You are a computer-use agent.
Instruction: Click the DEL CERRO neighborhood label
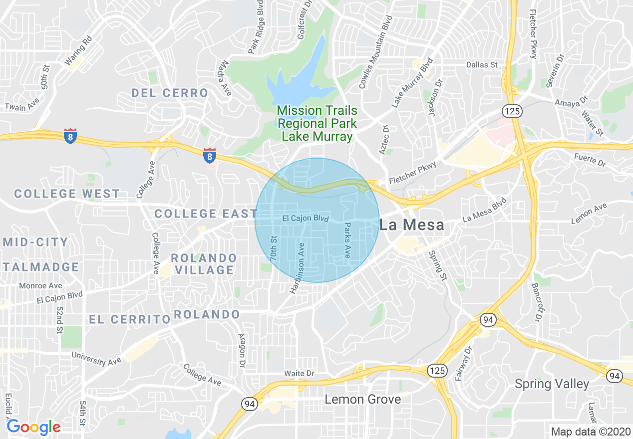170,93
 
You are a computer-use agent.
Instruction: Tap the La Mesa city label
412,225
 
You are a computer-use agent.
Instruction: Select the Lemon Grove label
363,399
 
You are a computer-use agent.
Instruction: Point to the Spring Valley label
552,384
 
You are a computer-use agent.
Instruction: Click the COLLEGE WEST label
67,194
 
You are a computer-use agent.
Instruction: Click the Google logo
33,427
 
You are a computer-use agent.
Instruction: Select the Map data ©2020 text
591,431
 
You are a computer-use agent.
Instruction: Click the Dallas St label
482,65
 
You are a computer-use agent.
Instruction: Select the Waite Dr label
299,374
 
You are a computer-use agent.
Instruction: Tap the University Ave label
96,358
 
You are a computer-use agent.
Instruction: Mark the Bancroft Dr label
536,302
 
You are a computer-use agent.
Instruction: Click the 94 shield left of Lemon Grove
249,404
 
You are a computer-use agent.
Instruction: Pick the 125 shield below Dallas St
512,111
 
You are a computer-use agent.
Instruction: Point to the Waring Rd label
78,50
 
